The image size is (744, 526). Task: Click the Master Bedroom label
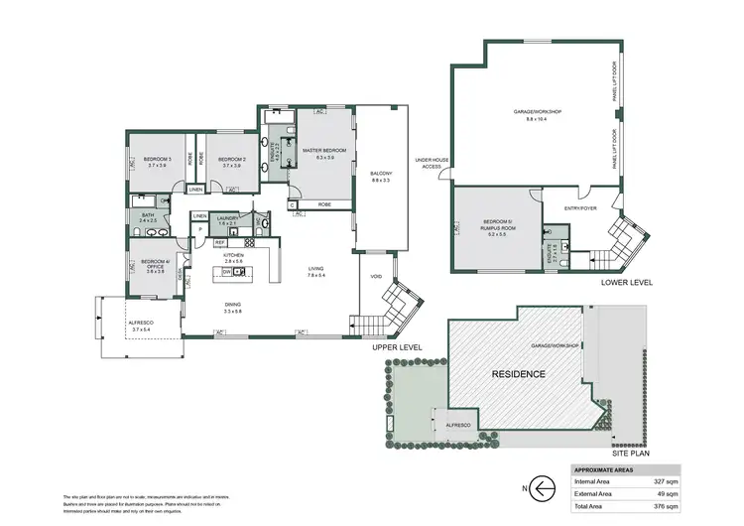[324, 152]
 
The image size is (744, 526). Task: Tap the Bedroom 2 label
[230, 159]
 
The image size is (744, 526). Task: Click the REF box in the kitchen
[220, 241]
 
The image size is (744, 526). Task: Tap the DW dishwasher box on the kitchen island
[227, 271]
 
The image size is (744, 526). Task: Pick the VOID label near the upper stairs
[376, 276]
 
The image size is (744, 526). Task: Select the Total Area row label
[591, 505]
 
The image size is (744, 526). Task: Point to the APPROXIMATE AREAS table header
[605, 469]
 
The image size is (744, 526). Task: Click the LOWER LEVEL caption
[627, 283]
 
